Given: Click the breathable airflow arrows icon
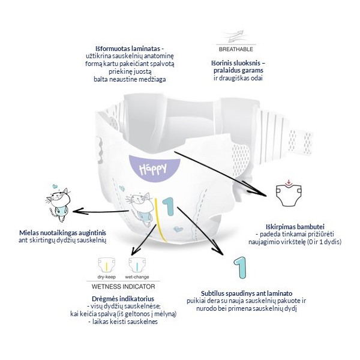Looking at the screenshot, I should tap(236, 38).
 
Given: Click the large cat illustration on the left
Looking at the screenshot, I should tap(56, 200).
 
